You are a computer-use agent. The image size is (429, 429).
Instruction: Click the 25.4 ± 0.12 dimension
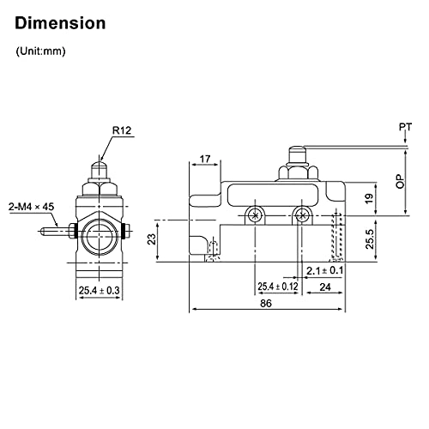276,287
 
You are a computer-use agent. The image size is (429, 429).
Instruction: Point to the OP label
399,181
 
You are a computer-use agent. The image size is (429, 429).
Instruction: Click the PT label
405,128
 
